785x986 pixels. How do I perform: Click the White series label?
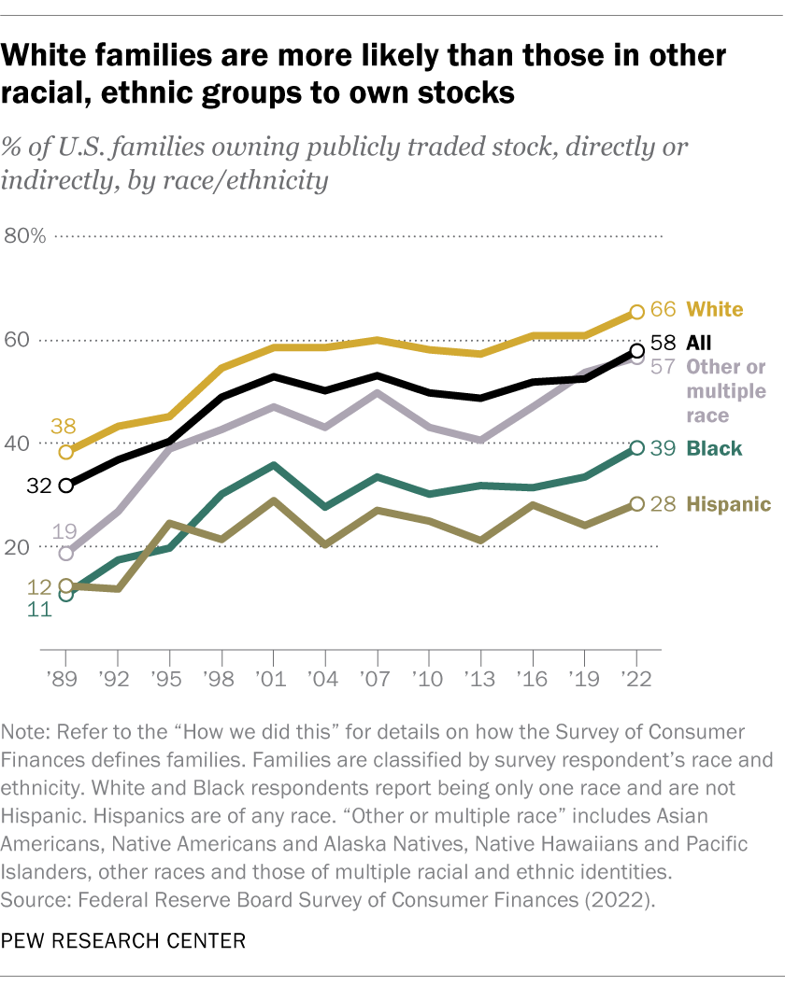tap(716, 309)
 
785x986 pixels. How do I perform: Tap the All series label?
tap(699, 342)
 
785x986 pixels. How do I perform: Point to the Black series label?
tap(714, 448)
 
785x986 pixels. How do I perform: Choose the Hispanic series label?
tap(729, 504)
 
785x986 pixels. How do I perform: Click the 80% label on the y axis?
tap(25, 235)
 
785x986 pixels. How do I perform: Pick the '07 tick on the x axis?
tap(376, 676)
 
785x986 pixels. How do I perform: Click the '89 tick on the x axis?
tap(64, 676)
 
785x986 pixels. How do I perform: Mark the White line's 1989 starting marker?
tap(65, 452)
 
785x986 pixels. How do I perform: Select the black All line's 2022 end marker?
tap(636, 351)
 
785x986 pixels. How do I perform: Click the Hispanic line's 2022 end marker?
tap(636, 504)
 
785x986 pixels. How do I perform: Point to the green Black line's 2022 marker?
tap(636, 448)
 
